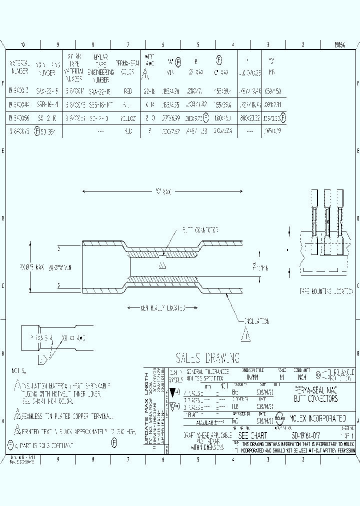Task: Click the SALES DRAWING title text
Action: (x=207, y=357)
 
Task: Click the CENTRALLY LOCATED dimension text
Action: (x=165, y=308)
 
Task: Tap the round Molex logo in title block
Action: (x=279, y=418)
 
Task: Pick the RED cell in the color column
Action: (x=128, y=92)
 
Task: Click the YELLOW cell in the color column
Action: (x=128, y=118)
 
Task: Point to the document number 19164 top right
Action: (x=340, y=45)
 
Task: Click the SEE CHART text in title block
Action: (x=253, y=436)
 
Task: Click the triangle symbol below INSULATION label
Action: (x=245, y=335)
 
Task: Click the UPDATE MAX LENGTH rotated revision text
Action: (x=146, y=408)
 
